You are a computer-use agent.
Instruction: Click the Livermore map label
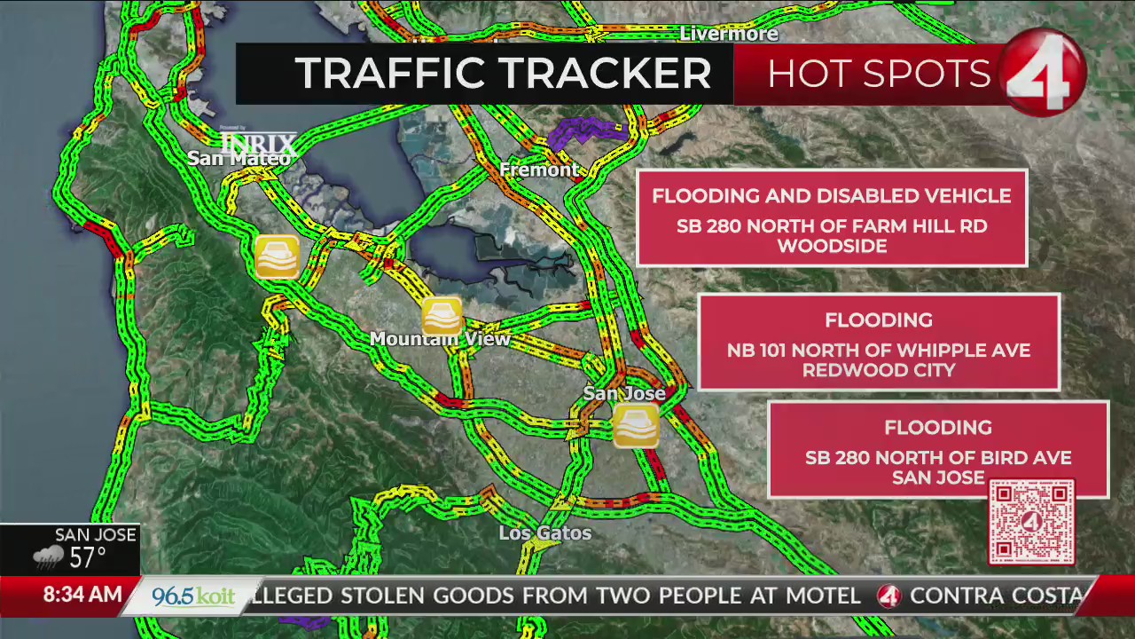(x=728, y=34)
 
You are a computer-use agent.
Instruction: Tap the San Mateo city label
(x=239, y=158)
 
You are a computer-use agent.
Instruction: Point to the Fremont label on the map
(x=539, y=170)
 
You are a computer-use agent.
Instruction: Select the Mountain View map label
(x=440, y=339)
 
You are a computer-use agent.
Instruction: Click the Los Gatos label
(x=544, y=533)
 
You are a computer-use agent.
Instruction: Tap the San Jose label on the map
(x=624, y=393)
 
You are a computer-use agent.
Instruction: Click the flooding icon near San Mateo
(x=277, y=257)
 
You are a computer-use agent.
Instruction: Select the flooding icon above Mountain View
(x=442, y=315)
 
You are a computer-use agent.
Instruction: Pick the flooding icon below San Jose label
(x=636, y=424)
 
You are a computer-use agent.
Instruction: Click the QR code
(x=1031, y=523)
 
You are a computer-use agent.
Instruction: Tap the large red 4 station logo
(x=1045, y=73)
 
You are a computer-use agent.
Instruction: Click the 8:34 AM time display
(x=82, y=595)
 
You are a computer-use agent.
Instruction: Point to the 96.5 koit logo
(x=192, y=596)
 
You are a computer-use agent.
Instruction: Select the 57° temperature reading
(x=88, y=557)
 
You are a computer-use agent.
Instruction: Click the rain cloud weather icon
(x=49, y=557)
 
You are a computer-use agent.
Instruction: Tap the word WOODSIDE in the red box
(x=832, y=246)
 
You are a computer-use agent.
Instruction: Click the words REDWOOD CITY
(x=879, y=370)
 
